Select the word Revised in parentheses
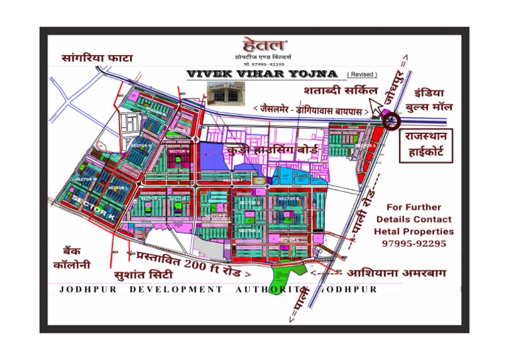[x=363, y=74]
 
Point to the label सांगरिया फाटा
[x=97, y=58]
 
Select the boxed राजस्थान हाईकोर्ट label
[x=425, y=147]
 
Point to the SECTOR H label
[x=179, y=151]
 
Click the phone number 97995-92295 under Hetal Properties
[x=414, y=243]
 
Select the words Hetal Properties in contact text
[x=414, y=231]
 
